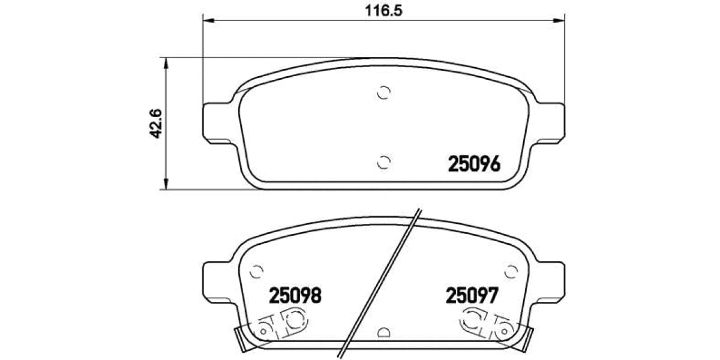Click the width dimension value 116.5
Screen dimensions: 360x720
click(x=384, y=10)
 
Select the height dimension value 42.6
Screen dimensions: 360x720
click(x=157, y=123)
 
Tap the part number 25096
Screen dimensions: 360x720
click(x=473, y=164)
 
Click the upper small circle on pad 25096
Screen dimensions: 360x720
click(x=385, y=92)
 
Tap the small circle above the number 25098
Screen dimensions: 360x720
click(x=257, y=271)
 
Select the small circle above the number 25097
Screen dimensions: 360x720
click(x=511, y=271)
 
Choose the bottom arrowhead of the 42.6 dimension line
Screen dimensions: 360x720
click(x=166, y=185)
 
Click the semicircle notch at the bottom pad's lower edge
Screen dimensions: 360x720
click(x=385, y=332)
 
